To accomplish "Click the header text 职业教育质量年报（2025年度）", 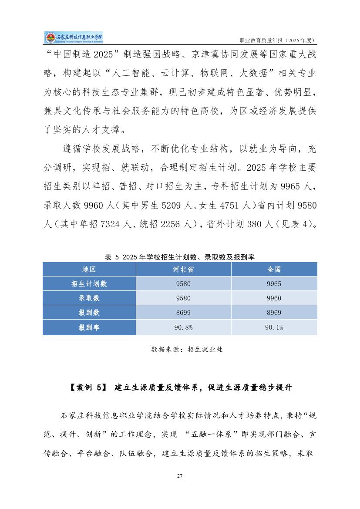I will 278,40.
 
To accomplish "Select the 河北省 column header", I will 183,269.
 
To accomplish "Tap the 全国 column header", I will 274,269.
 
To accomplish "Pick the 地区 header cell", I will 89,269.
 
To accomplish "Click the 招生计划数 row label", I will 89,284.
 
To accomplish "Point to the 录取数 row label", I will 89,298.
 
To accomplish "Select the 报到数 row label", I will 89,313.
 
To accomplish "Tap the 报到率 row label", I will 89,327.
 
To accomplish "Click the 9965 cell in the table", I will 274,284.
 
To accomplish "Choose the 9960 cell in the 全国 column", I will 274,298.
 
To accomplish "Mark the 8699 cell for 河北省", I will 183,313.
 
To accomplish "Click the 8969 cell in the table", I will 274,313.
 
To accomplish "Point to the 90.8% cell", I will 183,327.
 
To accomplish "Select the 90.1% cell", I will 274,327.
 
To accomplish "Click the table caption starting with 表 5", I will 179,257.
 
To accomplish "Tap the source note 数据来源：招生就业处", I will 187,349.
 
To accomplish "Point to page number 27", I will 179,475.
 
